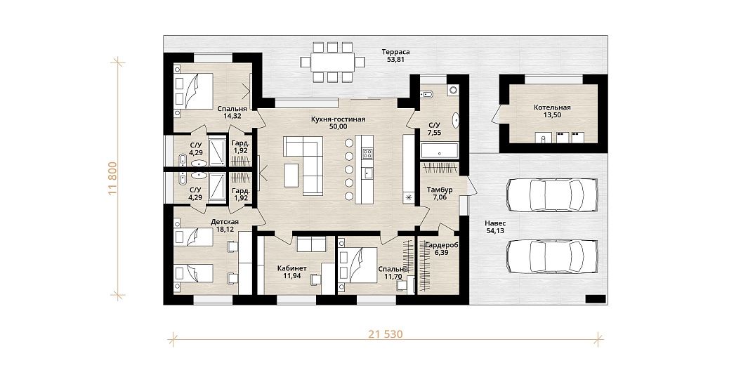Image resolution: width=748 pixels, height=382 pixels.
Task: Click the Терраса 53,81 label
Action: tap(395, 55)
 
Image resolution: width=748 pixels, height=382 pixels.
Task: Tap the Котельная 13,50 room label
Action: tap(552, 111)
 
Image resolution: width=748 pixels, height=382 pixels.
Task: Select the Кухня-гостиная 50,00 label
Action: tap(338, 123)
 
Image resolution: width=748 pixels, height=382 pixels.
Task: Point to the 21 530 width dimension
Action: tap(386, 334)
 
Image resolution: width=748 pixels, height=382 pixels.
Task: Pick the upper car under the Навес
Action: tap(552, 195)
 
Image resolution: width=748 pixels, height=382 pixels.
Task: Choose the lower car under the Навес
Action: tap(552, 256)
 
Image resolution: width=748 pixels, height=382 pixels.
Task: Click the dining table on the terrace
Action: tap(333, 62)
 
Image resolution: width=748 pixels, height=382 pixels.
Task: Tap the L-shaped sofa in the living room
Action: tap(304, 165)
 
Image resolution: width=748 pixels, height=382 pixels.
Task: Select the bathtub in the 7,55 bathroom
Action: tap(440, 151)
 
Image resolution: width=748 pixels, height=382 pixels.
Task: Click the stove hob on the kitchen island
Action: tap(368, 154)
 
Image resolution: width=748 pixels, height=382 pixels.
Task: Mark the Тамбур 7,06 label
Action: tap(440, 194)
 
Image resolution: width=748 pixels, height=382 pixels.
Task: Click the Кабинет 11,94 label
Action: tap(291, 272)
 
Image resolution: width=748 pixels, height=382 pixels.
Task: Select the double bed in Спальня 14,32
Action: tap(193, 91)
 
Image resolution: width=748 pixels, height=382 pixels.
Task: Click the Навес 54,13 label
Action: tap(495, 227)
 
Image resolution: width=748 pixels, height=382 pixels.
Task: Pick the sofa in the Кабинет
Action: tap(311, 244)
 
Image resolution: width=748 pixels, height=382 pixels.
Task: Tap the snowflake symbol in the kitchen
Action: tap(409, 197)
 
